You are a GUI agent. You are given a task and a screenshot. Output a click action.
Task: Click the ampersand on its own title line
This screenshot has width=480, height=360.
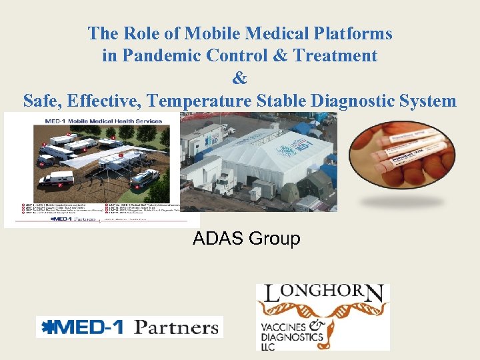pyautogui.click(x=240, y=78)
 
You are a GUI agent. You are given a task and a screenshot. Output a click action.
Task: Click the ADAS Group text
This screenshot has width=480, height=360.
pyautogui.click(x=246, y=238)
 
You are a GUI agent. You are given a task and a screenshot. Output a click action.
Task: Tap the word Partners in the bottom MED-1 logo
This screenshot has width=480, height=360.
pyautogui.click(x=176, y=327)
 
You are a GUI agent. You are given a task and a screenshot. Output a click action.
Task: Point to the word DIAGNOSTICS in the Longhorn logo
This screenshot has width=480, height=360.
pyautogui.click(x=289, y=338)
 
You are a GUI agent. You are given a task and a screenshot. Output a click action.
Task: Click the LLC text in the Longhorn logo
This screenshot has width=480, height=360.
pyautogui.click(x=267, y=347)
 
